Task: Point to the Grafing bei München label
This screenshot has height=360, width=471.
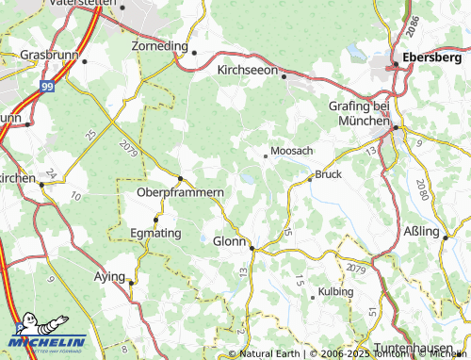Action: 360,113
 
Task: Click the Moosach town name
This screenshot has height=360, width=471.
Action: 291,150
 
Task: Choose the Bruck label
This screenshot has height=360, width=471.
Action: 329,174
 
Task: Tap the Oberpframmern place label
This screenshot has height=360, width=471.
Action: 180,192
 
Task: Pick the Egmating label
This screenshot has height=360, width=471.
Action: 155,231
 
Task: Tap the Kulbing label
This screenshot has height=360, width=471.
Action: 336,291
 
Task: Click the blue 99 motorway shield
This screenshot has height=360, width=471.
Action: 46,86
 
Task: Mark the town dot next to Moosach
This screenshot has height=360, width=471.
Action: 265,156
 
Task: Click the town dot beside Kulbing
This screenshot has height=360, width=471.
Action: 313,297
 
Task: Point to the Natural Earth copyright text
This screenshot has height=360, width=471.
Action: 270,353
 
